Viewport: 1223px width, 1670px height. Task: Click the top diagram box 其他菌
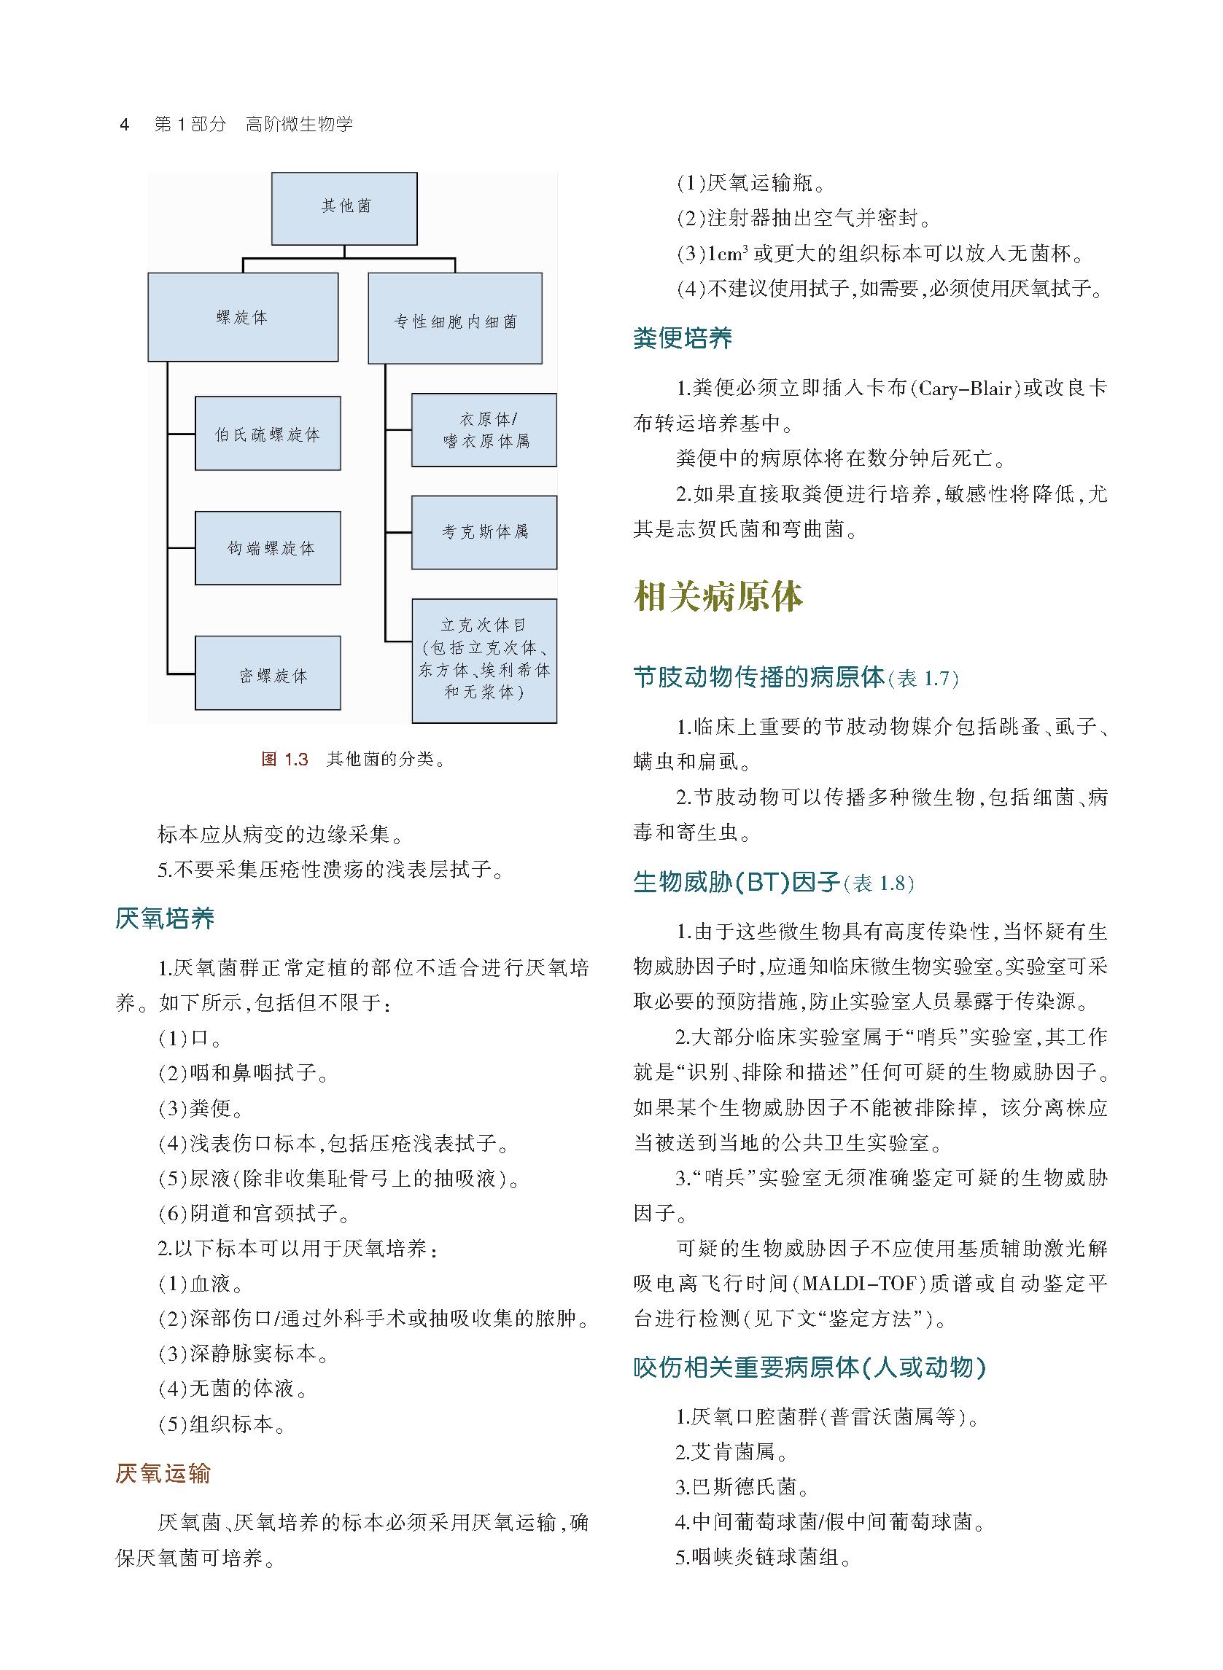(344, 208)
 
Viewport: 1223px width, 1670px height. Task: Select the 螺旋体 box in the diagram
(243, 316)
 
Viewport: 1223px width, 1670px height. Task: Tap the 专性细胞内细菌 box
(454, 319)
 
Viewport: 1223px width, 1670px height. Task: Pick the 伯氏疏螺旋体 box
(268, 434)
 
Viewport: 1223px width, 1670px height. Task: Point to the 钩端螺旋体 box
(268, 548)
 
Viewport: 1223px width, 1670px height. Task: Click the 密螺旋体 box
(268, 674)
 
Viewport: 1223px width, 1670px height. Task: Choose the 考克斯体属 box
(484, 532)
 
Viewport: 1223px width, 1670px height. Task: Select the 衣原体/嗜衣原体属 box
(484, 430)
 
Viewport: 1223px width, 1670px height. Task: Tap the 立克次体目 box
(484, 660)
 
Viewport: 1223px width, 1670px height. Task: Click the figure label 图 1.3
(284, 759)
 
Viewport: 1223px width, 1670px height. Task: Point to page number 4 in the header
(125, 125)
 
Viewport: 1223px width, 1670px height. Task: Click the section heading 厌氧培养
(165, 918)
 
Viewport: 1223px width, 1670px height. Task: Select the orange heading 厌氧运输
(163, 1474)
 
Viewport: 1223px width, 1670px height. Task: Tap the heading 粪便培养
(683, 338)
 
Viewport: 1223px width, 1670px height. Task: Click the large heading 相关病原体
(718, 596)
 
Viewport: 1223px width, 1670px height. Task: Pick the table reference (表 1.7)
(923, 679)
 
